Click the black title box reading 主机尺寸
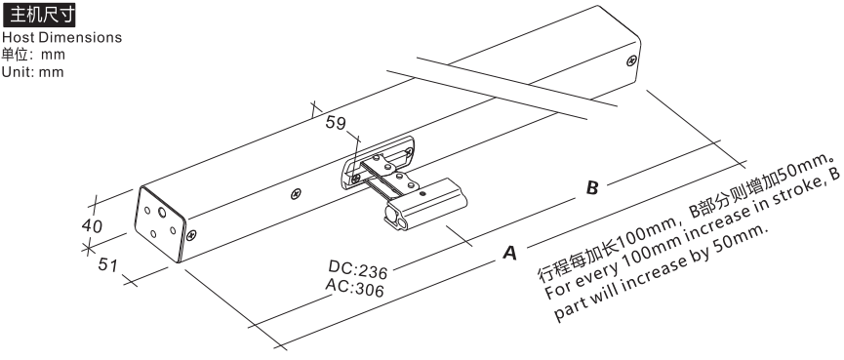click(39, 15)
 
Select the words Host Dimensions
click(61, 38)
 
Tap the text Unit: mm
click(33, 72)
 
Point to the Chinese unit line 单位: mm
click(33, 55)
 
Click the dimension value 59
click(336, 123)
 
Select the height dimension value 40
click(92, 226)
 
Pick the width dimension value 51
click(107, 264)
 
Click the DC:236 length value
click(358, 267)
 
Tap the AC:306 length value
click(355, 288)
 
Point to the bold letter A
click(509, 253)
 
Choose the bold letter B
click(592, 187)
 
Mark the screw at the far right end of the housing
click(632, 60)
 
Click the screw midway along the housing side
click(296, 194)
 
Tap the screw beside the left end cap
click(191, 234)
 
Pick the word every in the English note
click(600, 269)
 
